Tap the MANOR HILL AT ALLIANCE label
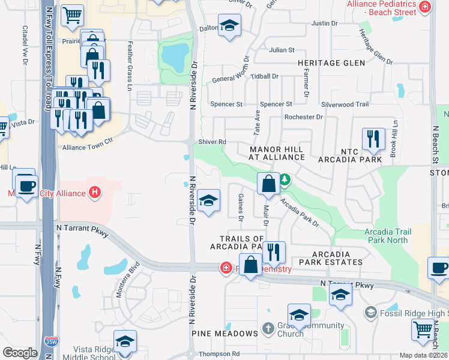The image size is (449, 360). [x=277, y=152]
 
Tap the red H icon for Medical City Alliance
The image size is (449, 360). [x=94, y=193]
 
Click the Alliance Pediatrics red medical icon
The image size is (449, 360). [x=425, y=7]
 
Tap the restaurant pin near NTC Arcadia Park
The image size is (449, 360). [x=373, y=140]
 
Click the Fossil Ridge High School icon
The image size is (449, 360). [x=371, y=313]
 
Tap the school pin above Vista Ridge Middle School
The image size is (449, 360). [x=124, y=342]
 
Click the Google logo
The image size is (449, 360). [x=20, y=353]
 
